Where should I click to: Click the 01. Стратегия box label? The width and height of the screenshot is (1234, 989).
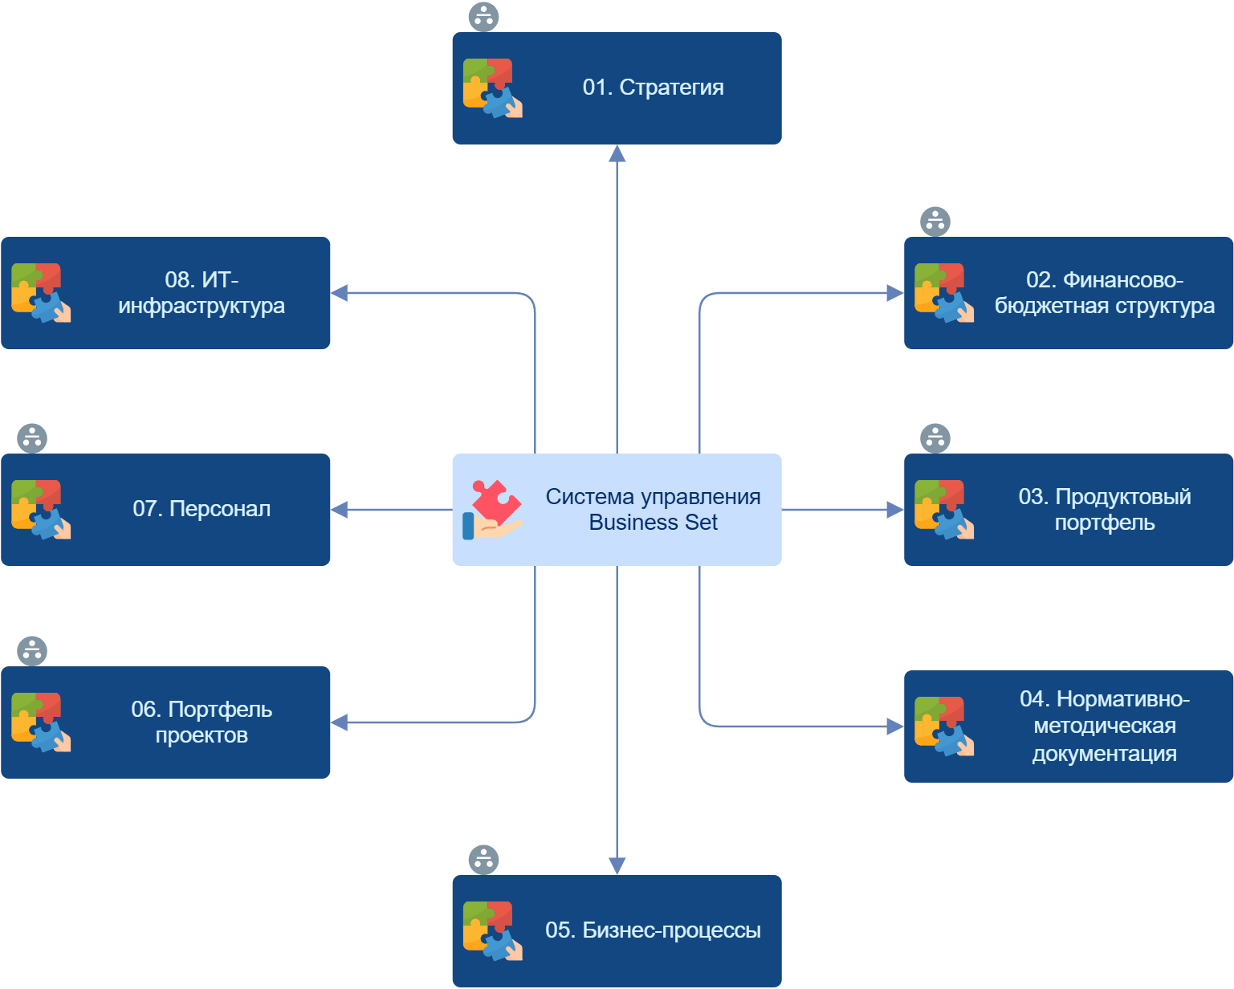click(653, 88)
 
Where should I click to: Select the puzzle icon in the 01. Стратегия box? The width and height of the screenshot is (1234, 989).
click(492, 88)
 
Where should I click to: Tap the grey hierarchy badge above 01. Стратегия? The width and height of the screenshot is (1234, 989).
click(483, 17)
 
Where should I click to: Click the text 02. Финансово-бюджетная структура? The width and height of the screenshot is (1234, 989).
click(1104, 293)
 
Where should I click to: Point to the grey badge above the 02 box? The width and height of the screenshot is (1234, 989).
click(935, 222)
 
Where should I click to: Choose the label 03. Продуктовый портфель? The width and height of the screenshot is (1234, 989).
click(1104, 510)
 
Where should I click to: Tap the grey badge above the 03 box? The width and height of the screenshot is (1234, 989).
click(935, 438)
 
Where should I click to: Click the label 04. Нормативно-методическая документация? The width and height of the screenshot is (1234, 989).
click(1104, 726)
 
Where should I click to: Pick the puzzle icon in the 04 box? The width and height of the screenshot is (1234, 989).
click(943, 726)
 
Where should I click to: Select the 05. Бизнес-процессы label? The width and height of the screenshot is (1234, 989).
click(653, 930)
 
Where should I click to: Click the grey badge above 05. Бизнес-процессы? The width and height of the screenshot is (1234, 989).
click(483, 860)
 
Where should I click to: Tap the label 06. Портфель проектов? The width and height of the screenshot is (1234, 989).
click(202, 722)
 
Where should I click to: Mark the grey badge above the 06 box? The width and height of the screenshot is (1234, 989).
click(32, 651)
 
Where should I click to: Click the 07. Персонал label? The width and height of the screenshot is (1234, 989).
click(202, 509)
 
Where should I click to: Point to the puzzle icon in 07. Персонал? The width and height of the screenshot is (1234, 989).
click(41, 510)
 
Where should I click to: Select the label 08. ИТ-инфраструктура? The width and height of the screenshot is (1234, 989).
click(202, 293)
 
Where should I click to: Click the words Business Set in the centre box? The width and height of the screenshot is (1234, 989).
click(653, 523)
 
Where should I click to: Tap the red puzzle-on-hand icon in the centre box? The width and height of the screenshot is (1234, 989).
click(492, 510)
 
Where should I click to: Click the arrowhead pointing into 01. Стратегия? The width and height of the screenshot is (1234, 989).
click(617, 154)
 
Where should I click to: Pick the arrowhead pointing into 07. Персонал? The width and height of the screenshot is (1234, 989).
click(340, 510)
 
